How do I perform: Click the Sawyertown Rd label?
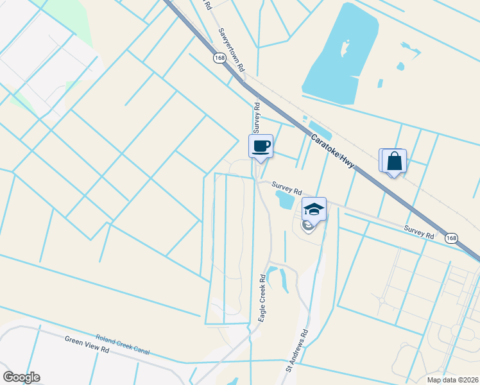click(x=232, y=49)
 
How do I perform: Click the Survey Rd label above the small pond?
click(x=286, y=187)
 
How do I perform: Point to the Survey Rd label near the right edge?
click(x=420, y=232)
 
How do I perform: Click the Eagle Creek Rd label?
click(x=262, y=298)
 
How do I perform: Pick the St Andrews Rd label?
click(x=297, y=350)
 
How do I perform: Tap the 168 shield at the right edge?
click(x=451, y=238)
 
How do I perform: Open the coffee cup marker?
click(x=261, y=147)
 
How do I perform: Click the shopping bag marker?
click(x=395, y=161)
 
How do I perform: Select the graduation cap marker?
click(x=314, y=209)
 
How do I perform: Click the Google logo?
click(x=21, y=377)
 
